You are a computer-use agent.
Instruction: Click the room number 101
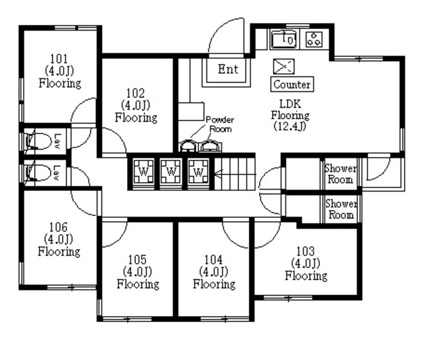tap(59, 59)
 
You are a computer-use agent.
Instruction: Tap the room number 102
tap(135, 93)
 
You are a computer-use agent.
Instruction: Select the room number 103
tap(305, 251)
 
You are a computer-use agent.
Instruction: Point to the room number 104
tap(214, 260)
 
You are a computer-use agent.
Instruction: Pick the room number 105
tap(137, 260)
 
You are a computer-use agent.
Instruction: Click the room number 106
tap(58, 227)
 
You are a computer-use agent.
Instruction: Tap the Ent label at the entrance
tap(228, 69)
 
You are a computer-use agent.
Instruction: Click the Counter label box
tap(292, 85)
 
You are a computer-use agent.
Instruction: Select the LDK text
tap(290, 104)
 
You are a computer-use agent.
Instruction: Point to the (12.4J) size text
tap(290, 127)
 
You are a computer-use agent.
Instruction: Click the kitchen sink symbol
tap(284, 39)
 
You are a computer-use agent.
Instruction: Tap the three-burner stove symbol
tap(314, 39)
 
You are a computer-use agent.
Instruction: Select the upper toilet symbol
tap(39, 141)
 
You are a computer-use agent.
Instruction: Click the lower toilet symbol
tap(39, 173)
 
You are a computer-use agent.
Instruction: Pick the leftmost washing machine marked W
tap(143, 172)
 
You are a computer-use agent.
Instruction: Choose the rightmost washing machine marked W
tap(198, 172)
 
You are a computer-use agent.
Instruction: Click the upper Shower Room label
tap(340, 174)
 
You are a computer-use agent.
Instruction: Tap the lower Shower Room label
tap(341, 209)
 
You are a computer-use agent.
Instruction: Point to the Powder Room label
tap(220, 125)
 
